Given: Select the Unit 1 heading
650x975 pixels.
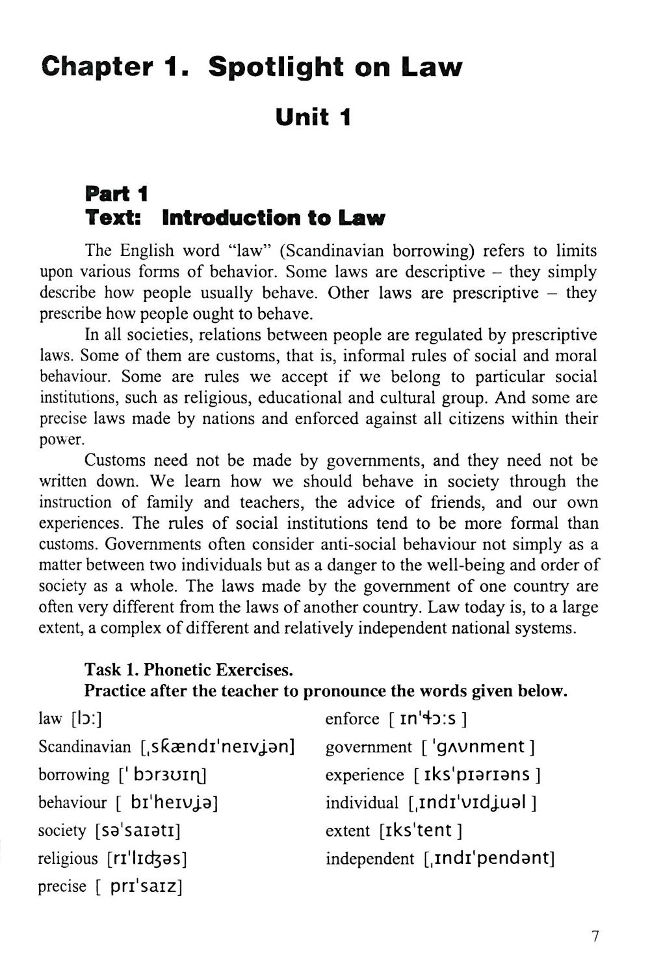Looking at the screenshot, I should click(313, 118).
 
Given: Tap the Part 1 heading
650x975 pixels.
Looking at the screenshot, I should click(117, 194).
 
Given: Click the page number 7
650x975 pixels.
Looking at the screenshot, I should click(595, 936).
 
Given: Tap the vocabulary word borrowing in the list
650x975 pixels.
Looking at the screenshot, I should click(74, 775).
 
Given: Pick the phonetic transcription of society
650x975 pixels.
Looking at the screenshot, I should click(137, 831).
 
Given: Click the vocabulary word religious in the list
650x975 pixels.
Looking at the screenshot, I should click(68, 859).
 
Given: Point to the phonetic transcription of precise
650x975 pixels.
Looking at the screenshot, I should click(138, 887).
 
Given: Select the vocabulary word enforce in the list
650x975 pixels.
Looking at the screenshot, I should click(352, 719).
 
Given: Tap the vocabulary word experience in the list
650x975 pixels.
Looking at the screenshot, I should click(365, 775).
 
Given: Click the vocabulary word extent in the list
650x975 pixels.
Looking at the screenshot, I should click(347, 831).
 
